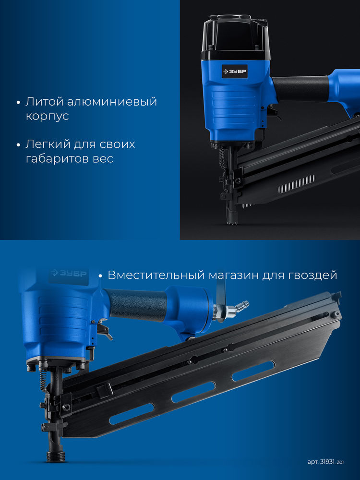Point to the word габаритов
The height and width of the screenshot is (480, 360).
click(56, 159)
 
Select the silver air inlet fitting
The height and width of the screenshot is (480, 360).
click(238, 308)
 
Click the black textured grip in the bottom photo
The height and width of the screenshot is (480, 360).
click(137, 304)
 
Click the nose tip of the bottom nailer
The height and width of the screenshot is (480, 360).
click(56, 456)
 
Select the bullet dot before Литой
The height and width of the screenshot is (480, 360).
click(18, 103)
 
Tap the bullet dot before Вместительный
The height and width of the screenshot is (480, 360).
click(100, 276)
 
